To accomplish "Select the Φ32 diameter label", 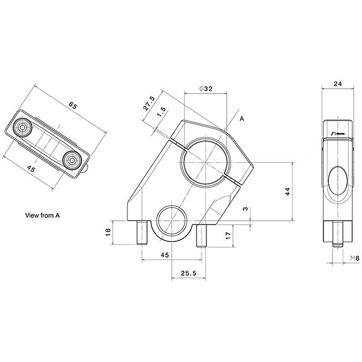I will click(205, 89).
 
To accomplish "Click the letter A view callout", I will click(242, 119).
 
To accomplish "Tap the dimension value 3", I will click(245, 209).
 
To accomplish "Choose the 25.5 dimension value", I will click(189, 273).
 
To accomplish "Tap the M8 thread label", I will click(355, 259).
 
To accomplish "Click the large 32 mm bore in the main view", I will click(205, 161).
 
